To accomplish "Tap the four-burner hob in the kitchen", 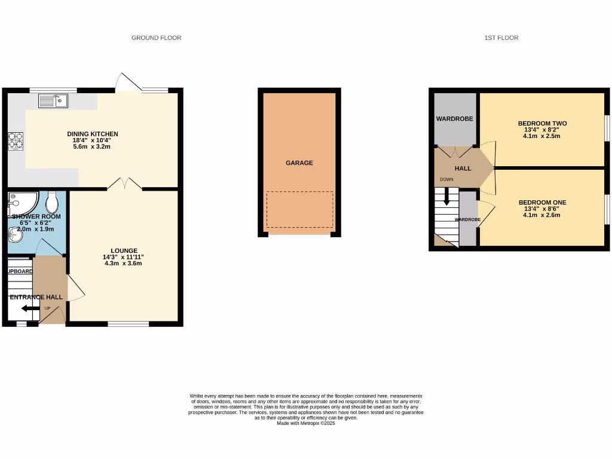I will [14, 141].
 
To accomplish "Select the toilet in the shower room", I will [52, 203].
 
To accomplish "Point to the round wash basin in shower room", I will [15, 237].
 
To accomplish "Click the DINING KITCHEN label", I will [92, 134].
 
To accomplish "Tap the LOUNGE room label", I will [124, 250].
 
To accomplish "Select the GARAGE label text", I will [299, 163].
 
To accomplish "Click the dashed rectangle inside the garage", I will [299, 209].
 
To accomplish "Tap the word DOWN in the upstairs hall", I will [446, 179].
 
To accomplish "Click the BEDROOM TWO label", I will [542, 124].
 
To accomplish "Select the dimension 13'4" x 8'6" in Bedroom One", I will [542, 209].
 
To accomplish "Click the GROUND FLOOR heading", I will [156, 38].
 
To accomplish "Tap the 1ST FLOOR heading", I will [501, 38].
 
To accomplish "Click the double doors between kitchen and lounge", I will [125, 183].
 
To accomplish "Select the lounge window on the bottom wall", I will [128, 324].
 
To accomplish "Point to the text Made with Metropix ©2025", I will [306, 423].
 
